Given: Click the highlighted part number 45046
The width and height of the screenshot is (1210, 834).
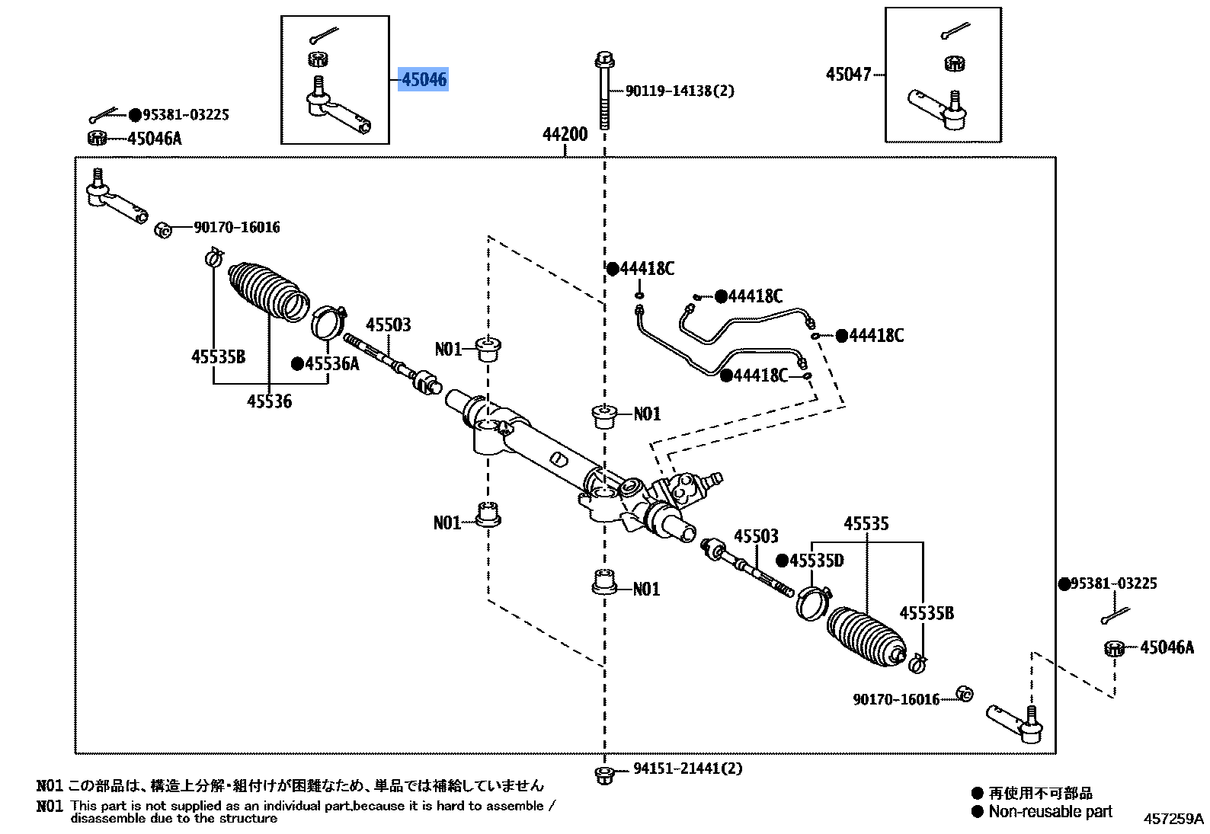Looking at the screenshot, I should pyautogui.click(x=424, y=79).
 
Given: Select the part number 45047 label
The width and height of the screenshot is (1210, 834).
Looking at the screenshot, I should pyautogui.click(x=848, y=75).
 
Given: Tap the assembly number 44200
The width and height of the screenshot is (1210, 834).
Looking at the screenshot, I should pyautogui.click(x=565, y=135).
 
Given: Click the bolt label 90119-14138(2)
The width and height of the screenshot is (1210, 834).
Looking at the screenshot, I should pyautogui.click(x=680, y=91).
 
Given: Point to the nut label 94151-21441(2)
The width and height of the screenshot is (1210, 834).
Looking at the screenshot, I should pyautogui.click(x=687, y=769).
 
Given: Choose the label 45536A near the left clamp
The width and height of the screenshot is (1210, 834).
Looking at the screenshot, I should pyautogui.click(x=331, y=363).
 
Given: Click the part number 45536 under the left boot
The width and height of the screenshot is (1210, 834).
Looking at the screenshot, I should pyautogui.click(x=269, y=401).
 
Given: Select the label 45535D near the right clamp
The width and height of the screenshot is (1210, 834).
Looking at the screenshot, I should pyautogui.click(x=817, y=561).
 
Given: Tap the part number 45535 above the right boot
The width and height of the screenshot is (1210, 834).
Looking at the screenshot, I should pyautogui.click(x=866, y=524).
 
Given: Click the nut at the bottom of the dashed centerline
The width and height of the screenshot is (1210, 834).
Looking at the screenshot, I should pyautogui.click(x=603, y=775).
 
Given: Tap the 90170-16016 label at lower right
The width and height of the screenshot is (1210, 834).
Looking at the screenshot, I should pyautogui.click(x=896, y=699).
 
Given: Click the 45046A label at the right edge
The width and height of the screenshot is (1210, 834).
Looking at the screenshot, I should pyautogui.click(x=1167, y=648).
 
